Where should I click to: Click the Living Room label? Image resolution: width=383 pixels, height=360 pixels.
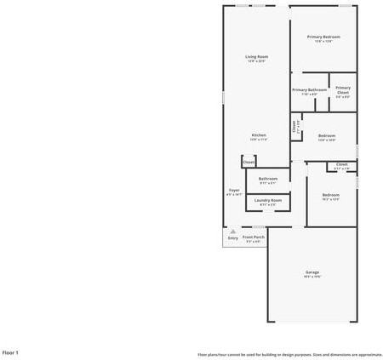tap(256, 56)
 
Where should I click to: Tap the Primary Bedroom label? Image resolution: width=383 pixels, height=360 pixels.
tap(323, 37)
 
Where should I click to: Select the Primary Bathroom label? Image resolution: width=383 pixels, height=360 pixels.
tap(310, 89)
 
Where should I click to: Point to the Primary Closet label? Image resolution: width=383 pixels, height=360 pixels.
tap(342, 90)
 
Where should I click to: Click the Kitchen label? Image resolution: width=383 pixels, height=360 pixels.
tap(258, 135)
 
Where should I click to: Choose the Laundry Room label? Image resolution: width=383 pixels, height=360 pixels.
tap(268, 200)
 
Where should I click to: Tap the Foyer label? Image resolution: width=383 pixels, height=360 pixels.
tap(234, 190)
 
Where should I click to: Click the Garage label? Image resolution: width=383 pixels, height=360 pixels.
tap(313, 271)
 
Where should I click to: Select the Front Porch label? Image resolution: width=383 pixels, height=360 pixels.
tap(254, 237)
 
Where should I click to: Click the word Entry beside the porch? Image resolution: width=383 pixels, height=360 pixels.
tap(233, 238)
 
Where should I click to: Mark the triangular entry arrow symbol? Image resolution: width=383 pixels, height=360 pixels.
tap(233, 231)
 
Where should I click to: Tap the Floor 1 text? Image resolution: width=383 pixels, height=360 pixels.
tap(10, 351)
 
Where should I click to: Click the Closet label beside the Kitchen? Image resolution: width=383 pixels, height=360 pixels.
tap(249, 161)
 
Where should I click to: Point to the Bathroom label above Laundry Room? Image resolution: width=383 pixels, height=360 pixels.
tap(268, 179)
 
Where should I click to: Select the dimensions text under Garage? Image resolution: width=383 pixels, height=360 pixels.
tap(313, 277)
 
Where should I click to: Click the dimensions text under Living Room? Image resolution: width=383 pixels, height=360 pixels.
tap(256, 61)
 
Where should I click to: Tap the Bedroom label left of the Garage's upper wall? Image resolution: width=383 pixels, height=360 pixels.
tap(330, 195)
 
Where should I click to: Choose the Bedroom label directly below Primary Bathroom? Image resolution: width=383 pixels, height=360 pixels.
tap(327, 135)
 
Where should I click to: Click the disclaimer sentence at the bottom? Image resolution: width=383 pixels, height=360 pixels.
tap(289, 353)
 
